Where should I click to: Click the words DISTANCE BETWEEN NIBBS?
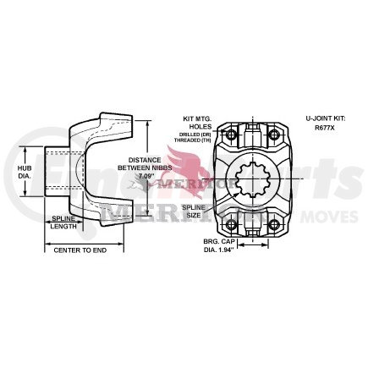tap(146, 164)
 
